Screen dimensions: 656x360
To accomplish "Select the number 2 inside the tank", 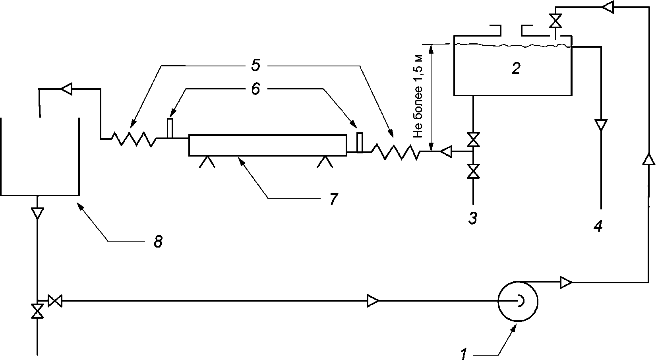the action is (x=516, y=69).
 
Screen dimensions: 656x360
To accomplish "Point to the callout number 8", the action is (x=158, y=242).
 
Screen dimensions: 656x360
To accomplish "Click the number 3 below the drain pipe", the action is (x=473, y=218).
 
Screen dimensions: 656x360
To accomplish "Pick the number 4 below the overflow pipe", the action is (x=598, y=226).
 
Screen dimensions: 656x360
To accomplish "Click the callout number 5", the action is (x=255, y=66).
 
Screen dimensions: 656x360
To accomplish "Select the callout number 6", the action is (x=255, y=89).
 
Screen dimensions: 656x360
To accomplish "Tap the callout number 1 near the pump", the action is (x=463, y=354).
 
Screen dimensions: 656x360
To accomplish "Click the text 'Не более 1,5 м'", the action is (x=418, y=97).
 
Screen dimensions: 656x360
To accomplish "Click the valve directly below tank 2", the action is (x=473, y=139).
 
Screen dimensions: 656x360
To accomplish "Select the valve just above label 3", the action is (x=473, y=171).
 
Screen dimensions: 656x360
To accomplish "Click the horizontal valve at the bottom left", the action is (x=55, y=301).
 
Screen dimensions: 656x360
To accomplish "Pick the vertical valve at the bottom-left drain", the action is (x=37, y=311).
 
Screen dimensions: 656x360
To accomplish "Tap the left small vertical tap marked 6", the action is (x=170, y=128).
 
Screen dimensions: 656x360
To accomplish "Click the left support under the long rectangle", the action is (x=207, y=161).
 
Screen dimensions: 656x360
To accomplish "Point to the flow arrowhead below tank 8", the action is (x=37, y=213).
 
